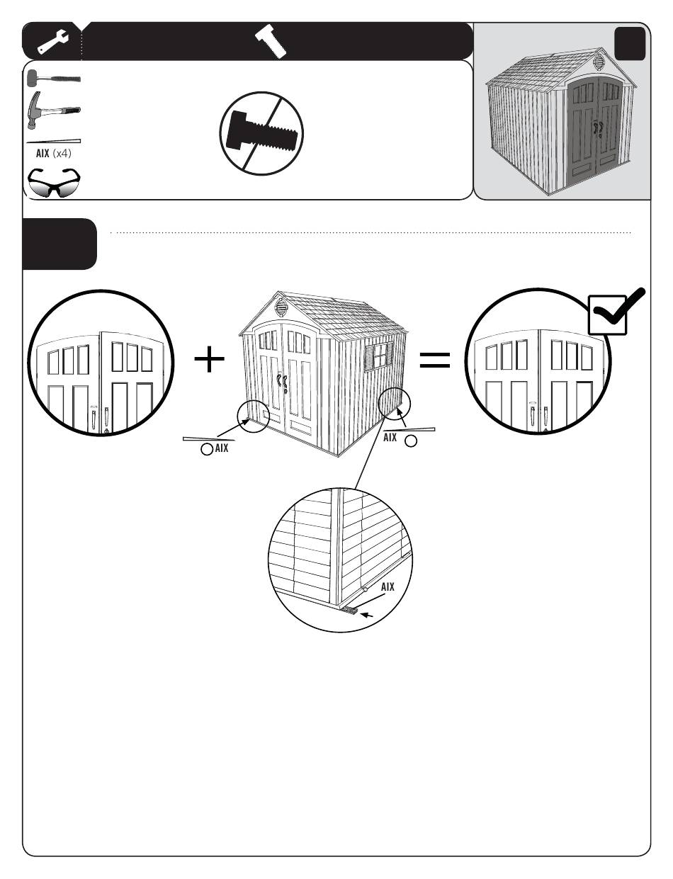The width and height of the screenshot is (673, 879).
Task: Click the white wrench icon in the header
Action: click(x=53, y=41)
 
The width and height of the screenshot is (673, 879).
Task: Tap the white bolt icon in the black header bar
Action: click(x=271, y=41)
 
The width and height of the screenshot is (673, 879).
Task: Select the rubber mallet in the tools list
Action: click(x=53, y=78)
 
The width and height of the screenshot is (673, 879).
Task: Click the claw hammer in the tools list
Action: click(x=53, y=110)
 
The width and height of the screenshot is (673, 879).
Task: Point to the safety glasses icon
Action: click(x=53, y=183)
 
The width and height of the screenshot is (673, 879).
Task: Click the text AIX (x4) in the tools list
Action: click(x=54, y=153)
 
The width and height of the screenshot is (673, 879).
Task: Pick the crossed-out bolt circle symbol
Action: click(x=261, y=133)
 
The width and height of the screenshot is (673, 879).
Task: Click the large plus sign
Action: click(x=209, y=359)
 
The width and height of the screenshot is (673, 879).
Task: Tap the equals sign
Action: click(x=435, y=360)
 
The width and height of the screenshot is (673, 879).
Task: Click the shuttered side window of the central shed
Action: click(x=378, y=356)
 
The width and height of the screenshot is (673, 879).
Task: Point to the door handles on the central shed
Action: click(x=282, y=383)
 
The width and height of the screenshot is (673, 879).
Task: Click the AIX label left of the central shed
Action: click(x=222, y=448)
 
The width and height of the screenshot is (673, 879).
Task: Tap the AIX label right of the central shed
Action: click(x=390, y=437)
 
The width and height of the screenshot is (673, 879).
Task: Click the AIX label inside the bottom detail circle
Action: click(x=388, y=586)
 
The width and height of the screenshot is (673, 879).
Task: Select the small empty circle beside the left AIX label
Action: click(x=207, y=449)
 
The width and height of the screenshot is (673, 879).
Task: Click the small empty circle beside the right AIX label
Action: click(x=411, y=441)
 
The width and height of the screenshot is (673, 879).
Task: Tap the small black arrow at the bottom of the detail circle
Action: click(x=366, y=615)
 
